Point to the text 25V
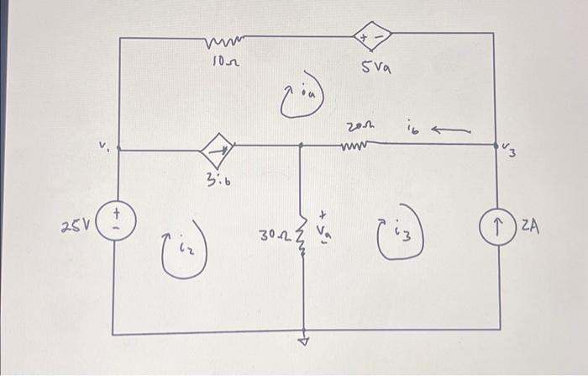point(74,226)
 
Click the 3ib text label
point(216,177)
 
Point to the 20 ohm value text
point(354,127)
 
